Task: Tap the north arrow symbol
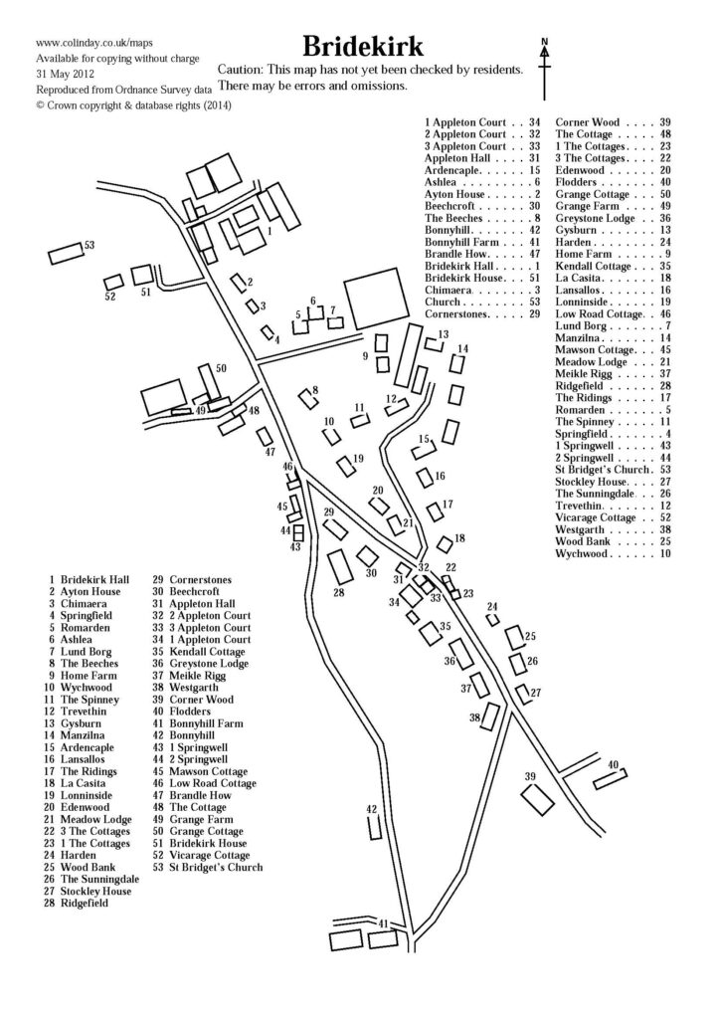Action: click(x=545, y=64)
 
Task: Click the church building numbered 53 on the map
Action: click(x=68, y=252)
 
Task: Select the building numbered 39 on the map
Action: click(x=537, y=797)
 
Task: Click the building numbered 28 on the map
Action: click(x=339, y=567)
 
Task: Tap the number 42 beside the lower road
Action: click(x=372, y=809)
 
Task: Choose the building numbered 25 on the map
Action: click(x=514, y=637)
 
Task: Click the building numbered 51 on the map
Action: click(x=141, y=274)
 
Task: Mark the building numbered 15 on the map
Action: click(x=425, y=451)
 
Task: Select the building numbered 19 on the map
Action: click(x=345, y=467)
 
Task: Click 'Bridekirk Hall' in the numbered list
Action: click(x=94, y=579)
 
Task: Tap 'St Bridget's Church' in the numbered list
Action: click(x=216, y=868)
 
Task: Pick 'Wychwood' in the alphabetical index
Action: click(x=583, y=553)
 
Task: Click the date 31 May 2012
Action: click(x=66, y=74)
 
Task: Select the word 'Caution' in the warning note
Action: click(x=244, y=72)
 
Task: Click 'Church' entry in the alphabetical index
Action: click(x=443, y=302)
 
